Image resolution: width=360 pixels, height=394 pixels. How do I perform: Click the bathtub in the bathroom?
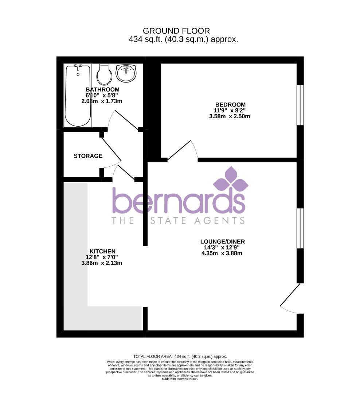tap(77, 96)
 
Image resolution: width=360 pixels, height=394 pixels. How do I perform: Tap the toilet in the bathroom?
tap(104, 75)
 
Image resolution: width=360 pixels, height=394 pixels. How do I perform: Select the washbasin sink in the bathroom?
tap(126, 73)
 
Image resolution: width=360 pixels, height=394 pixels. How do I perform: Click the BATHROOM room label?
tap(102, 89)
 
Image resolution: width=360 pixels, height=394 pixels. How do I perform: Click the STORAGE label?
tap(88, 156)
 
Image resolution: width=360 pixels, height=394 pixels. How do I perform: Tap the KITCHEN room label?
tap(102, 251)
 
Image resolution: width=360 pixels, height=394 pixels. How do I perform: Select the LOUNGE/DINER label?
tap(222, 242)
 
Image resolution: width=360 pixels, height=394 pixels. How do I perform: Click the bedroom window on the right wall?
tap(300, 105)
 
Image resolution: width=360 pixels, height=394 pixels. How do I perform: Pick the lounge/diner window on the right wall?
tap(300, 228)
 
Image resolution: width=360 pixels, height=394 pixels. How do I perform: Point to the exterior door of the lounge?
tap(290, 296)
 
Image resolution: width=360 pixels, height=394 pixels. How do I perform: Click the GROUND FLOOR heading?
tap(176, 31)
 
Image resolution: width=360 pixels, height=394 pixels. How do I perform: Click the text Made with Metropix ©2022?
tap(180, 379)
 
